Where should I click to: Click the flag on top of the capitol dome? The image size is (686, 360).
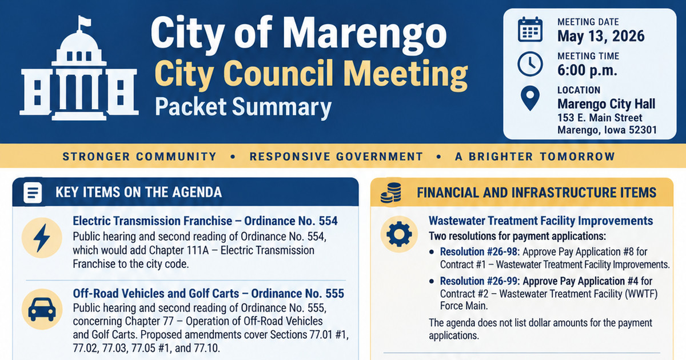85,22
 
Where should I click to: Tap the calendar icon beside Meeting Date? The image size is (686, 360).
530,30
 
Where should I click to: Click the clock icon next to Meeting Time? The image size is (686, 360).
530,64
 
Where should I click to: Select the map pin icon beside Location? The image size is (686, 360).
530,98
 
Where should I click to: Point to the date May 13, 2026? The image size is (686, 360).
601,36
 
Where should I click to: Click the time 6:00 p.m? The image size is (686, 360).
587,70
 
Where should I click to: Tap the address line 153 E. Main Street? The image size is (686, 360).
600,118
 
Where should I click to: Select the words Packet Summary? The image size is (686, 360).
243,107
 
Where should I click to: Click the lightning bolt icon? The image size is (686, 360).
42,238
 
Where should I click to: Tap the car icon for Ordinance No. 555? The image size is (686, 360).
42,309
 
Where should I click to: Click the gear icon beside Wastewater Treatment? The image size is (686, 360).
399,234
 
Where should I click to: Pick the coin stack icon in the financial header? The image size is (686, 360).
391,193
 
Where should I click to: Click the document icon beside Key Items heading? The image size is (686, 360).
33,193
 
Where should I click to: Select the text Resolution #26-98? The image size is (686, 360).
480,252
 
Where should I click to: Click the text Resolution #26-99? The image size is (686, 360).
480,281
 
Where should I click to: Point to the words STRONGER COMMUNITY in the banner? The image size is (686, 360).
139,157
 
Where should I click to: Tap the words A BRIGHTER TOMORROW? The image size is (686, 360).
535,157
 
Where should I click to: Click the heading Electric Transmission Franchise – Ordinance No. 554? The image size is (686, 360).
205,221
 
